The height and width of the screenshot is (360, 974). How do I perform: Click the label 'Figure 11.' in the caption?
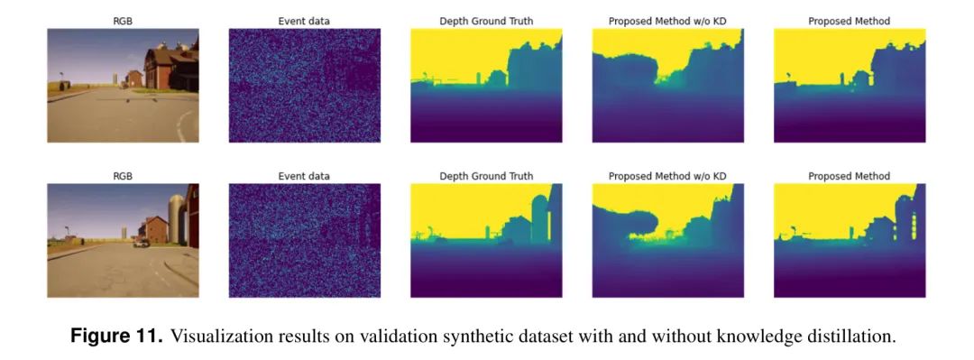point(116,337)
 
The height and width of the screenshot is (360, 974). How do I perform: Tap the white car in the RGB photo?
point(141,244)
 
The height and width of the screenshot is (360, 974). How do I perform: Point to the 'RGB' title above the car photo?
point(123,176)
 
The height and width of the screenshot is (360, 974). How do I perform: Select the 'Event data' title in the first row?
point(305,21)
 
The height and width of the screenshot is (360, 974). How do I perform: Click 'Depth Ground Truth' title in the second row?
point(486,176)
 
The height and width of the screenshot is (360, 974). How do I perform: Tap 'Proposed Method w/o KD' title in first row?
point(667,21)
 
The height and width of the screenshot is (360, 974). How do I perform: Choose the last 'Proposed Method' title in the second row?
point(850,176)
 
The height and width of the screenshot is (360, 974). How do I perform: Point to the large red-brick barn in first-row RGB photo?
point(162,69)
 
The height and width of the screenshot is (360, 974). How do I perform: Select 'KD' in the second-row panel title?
point(720,176)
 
